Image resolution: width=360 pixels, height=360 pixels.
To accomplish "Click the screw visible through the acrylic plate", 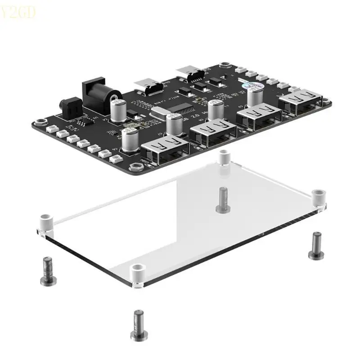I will click(x=223, y=199).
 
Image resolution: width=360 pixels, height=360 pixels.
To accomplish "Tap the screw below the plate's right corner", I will click(x=316, y=246).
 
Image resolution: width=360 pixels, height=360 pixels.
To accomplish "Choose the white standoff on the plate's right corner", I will click(x=318, y=197).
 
